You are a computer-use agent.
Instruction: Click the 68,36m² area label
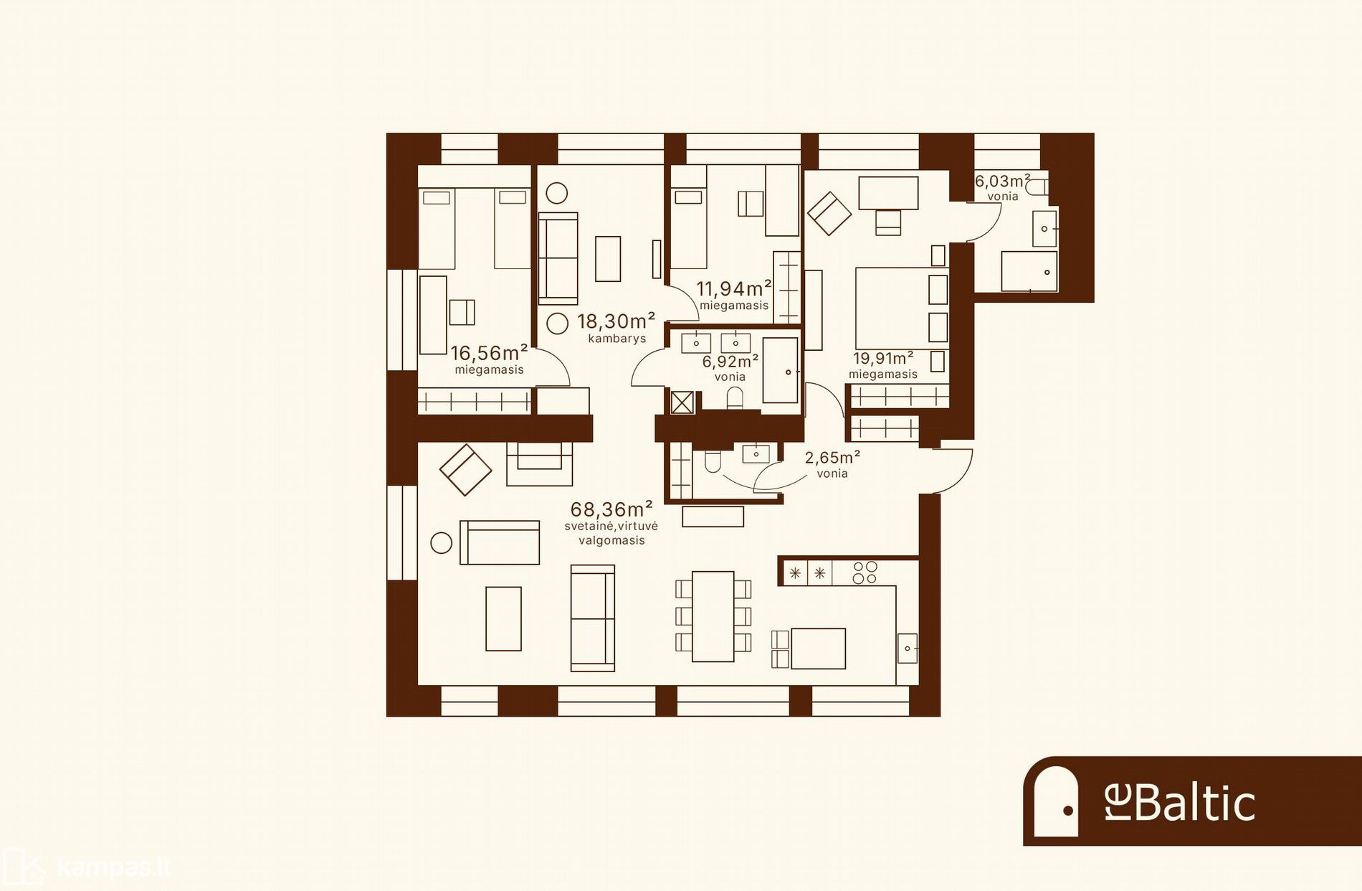coord(611,509)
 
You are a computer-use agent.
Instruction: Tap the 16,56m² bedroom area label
coord(489,353)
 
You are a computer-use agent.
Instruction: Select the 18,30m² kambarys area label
coord(616,321)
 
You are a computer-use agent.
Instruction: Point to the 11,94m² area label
coord(734,288)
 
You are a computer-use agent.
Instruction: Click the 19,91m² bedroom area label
coord(883,358)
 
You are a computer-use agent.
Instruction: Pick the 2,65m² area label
coord(832,458)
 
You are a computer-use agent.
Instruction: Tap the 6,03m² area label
coord(1002,181)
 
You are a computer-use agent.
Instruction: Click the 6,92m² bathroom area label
coord(730,361)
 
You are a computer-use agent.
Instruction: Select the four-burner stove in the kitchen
coord(865,572)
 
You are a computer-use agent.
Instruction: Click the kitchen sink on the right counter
coord(907,649)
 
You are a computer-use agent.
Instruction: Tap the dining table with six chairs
coord(713,616)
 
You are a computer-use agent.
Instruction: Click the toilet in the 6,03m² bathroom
coord(1037,188)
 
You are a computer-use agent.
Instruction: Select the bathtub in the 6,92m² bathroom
coord(781,370)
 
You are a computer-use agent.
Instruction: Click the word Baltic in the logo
coord(1194,803)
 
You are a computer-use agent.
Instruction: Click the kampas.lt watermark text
coord(113,867)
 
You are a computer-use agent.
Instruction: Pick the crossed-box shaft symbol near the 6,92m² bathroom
coord(682,402)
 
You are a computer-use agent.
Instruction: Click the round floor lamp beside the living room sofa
coord(441,543)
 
